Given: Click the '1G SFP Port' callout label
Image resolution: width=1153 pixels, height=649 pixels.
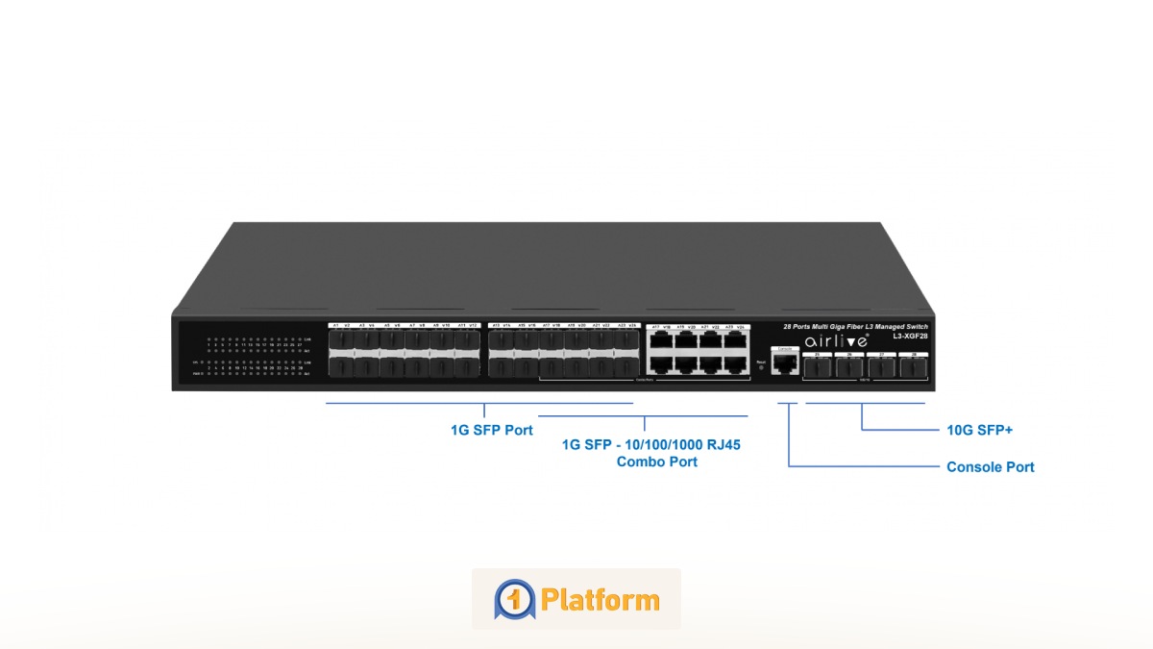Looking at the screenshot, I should (x=491, y=430).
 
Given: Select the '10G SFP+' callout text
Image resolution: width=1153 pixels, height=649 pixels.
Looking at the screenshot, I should (x=979, y=430).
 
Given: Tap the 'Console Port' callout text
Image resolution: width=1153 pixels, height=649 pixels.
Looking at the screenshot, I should (x=990, y=467).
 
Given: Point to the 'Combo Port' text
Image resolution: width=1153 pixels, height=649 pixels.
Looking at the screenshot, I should (x=656, y=462).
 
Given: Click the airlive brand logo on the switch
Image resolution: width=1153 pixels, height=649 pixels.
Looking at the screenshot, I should (x=836, y=341).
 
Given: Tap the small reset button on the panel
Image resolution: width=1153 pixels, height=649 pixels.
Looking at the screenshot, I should (x=761, y=367).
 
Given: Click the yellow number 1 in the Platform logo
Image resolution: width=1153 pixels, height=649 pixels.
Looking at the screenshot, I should (x=514, y=599).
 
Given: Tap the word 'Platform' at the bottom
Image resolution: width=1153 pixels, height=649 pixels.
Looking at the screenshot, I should (x=600, y=600).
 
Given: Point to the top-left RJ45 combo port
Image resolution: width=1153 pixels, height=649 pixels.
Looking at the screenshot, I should (x=661, y=340).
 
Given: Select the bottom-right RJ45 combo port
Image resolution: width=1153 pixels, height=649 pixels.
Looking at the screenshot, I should (x=736, y=364).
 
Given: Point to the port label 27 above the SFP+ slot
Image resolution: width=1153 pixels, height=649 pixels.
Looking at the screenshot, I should (x=880, y=355).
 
